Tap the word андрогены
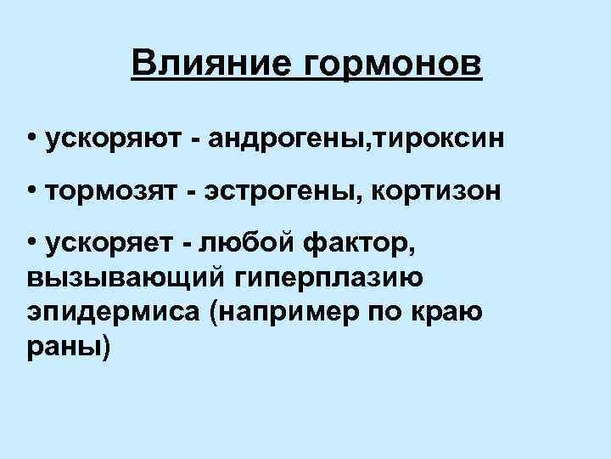274,138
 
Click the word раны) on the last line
68,348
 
